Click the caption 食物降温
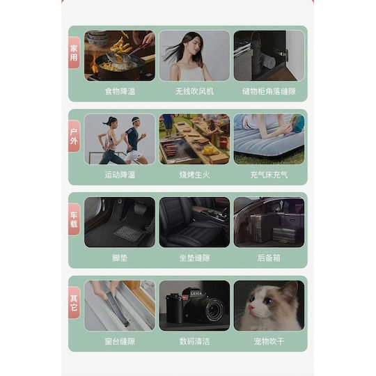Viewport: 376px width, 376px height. [120, 91]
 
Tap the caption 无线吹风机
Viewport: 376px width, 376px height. [194, 91]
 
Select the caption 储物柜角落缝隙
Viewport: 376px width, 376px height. [269, 91]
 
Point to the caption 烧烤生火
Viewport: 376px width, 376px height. [194, 175]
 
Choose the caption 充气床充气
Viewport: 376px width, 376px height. [269, 175]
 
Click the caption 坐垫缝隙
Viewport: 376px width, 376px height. [194, 258]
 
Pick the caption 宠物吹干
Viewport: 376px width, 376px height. [269, 341]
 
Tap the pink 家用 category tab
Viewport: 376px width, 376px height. [74, 53]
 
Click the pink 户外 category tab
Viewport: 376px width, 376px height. [74, 136]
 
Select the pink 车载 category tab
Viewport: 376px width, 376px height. [74, 219]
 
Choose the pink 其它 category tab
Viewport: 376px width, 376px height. [74, 303]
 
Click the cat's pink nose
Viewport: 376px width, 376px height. [251, 308]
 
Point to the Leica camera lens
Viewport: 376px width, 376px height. [213, 309]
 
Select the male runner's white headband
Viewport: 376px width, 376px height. [136, 119]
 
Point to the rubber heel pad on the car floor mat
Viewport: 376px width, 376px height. [128, 233]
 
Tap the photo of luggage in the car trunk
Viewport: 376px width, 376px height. [269, 222]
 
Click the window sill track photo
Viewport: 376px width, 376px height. [120, 306]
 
